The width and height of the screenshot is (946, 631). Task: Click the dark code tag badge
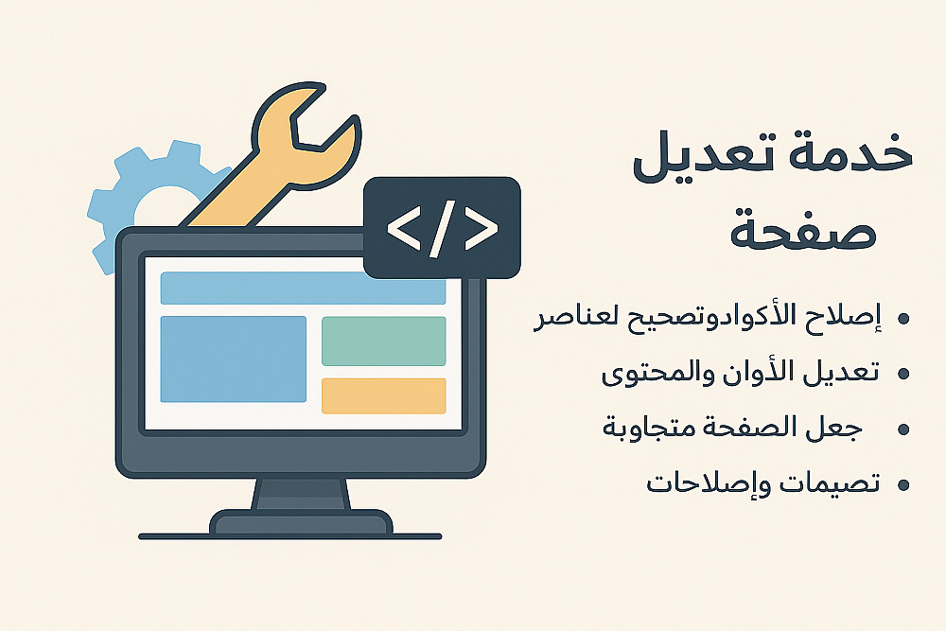(x=442, y=227)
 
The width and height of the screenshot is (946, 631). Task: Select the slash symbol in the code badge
(x=442, y=229)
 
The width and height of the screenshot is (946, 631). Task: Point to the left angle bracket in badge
(x=404, y=229)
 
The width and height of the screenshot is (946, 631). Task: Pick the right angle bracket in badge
(x=482, y=229)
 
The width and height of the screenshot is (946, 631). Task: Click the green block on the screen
(x=384, y=341)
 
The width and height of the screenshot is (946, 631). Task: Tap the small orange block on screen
(x=384, y=395)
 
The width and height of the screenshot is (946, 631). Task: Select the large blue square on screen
(x=233, y=359)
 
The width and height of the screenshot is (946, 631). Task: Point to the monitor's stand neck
(x=301, y=494)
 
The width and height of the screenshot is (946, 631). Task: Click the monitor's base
(x=301, y=523)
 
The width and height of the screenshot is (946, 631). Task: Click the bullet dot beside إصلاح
(x=903, y=319)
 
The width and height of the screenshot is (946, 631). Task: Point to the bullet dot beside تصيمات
(x=903, y=485)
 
